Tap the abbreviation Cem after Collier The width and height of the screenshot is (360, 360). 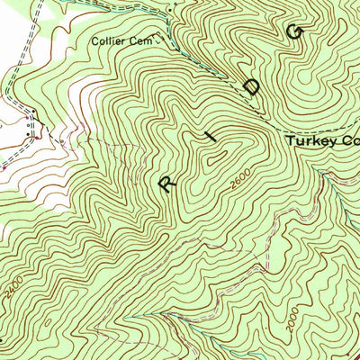(145, 40)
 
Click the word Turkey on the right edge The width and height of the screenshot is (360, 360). (311, 141)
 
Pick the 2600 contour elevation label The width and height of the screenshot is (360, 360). (237, 181)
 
